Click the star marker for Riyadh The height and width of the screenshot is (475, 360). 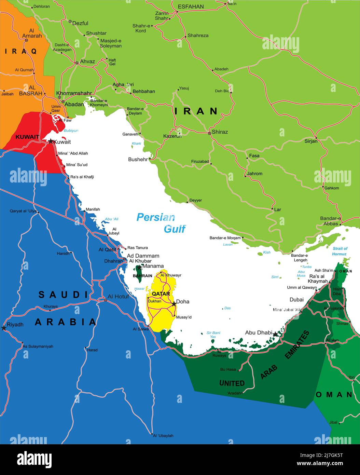4,328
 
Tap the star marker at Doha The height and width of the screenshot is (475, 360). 174,303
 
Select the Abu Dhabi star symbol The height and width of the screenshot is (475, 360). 275,334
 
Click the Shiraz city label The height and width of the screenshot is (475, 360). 220,132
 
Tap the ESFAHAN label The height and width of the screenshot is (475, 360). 191,6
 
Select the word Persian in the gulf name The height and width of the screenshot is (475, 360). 155,217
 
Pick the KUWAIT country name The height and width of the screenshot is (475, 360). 27,137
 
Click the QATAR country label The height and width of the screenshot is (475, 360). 161,294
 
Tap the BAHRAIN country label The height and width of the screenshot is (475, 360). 142,276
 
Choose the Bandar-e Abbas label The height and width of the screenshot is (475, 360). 330,221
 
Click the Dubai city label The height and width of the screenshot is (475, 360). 296,300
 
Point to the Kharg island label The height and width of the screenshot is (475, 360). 136,144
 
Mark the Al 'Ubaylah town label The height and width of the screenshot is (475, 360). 163,436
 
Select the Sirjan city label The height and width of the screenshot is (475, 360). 311,141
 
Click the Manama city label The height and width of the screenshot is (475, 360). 153,266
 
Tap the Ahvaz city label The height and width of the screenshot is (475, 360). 87,62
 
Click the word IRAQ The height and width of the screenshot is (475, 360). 20,51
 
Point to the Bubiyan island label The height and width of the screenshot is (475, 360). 71,131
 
